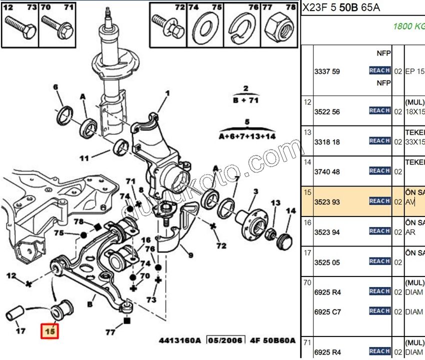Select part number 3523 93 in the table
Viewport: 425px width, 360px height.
327,201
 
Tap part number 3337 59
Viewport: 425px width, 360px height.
327,71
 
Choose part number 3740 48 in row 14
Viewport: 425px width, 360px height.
327,171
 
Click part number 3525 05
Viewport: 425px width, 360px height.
327,261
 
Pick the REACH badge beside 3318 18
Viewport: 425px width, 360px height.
379,141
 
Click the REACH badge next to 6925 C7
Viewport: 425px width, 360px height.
379,311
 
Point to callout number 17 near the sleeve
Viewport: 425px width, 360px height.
20,330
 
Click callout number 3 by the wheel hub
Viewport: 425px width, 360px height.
255,191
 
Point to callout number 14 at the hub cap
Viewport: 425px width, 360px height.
291,211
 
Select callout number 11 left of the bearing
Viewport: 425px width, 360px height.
84,158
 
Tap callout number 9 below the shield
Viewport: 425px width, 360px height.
190,255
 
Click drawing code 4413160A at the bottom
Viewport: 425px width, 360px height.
179,340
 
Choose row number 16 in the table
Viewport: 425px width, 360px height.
307,222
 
